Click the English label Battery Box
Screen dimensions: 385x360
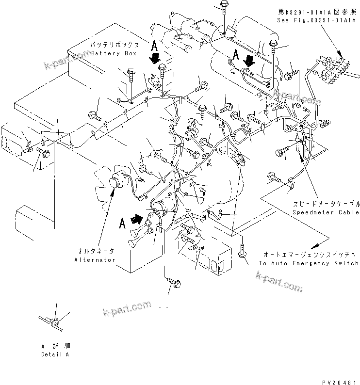114,53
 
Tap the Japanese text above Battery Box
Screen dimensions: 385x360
114,45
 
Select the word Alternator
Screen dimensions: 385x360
95,260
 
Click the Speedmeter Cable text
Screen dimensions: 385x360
326,212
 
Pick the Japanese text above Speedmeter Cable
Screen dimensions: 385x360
326,204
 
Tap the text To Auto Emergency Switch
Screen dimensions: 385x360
309,263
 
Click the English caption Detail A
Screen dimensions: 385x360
55,354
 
